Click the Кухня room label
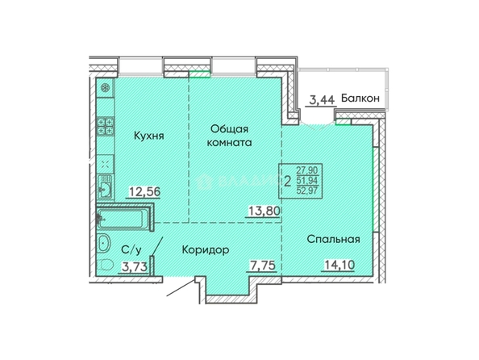point(148,136)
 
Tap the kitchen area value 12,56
point(145,192)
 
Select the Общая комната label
point(229,136)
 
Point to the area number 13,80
point(264,211)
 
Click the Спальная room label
point(334,239)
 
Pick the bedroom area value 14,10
point(339,265)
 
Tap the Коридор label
point(206,250)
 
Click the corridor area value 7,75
point(263,265)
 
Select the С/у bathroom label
point(131,250)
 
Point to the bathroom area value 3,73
point(135,266)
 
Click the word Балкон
point(360,98)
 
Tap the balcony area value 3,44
point(323,100)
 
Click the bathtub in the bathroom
point(123,218)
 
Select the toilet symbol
point(106,265)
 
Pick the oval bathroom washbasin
point(104,243)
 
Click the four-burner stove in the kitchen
point(106,126)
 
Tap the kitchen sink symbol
point(106,187)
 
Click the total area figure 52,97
point(307,190)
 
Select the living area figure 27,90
point(307,170)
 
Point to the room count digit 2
point(287,181)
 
